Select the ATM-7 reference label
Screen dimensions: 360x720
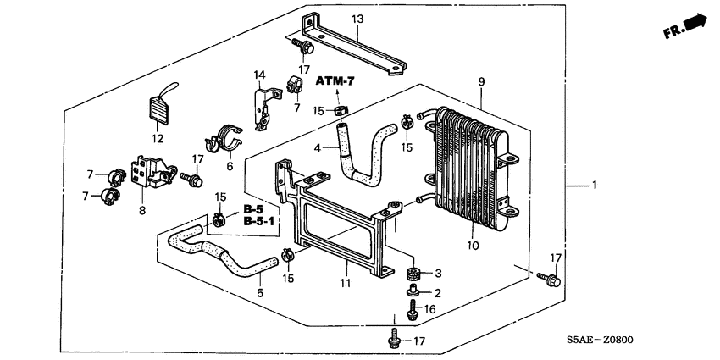pyautogui.click(x=334, y=81)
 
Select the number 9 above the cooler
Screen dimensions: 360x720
pyautogui.click(x=481, y=81)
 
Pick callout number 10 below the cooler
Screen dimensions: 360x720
pyautogui.click(x=472, y=246)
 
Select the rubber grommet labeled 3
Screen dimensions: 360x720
pyautogui.click(x=415, y=274)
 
